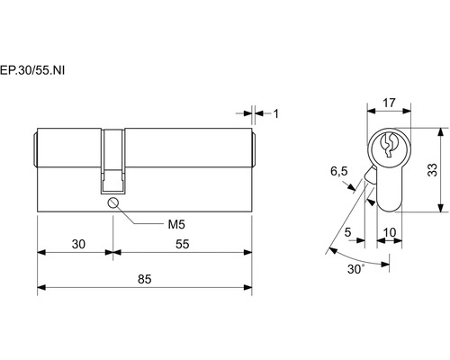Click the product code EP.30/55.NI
point(32,70)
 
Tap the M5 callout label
point(176,224)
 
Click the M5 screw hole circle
point(112,202)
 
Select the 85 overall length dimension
point(145,279)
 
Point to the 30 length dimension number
point(78,244)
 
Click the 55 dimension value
point(183,244)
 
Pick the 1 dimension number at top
point(276,114)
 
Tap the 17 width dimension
point(389,103)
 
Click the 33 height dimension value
point(433,170)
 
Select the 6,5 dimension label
point(339,171)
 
